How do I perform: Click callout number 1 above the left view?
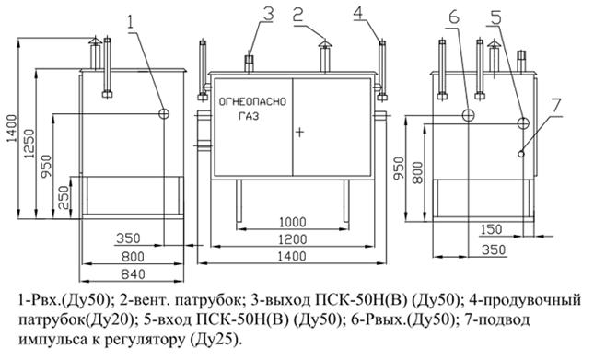click(x=131, y=17)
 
